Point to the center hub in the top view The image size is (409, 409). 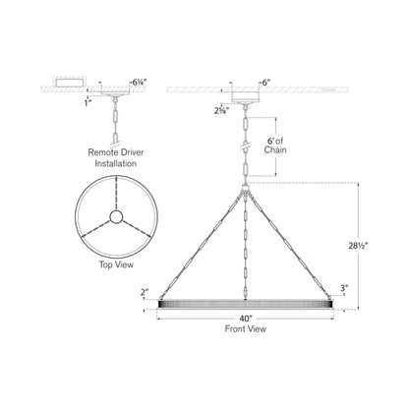coord(117,217)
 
